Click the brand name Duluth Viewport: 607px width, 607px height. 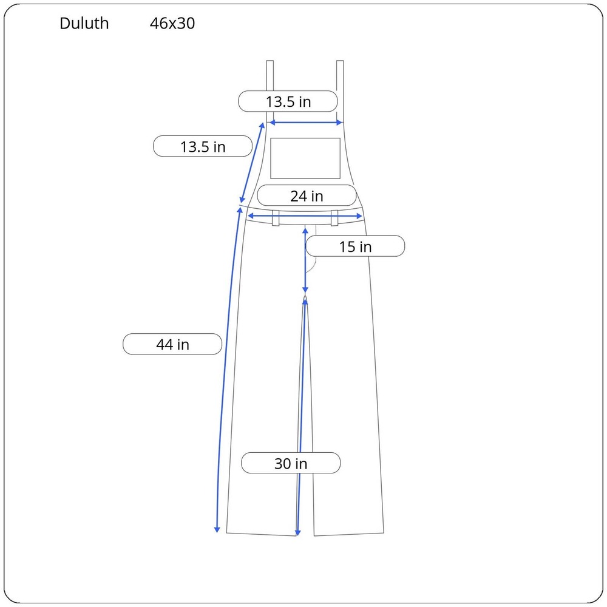coord(84,23)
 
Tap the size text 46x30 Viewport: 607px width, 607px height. coord(172,23)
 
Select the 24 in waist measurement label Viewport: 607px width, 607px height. coord(307,196)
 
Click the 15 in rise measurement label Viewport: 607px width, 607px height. coord(355,246)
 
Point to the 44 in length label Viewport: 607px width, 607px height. coord(172,344)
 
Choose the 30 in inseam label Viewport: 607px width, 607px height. coord(291,463)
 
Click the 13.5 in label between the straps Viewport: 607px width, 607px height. coord(288,101)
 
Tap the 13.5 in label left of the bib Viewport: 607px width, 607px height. coord(203,146)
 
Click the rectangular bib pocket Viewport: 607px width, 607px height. coord(305,158)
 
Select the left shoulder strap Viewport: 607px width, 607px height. coord(270,91)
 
